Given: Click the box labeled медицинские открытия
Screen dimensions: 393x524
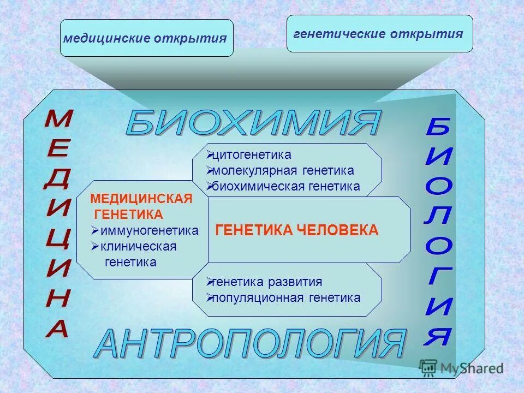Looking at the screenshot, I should click(146, 39).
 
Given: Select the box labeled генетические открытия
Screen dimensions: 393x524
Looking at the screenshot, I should click(379, 34).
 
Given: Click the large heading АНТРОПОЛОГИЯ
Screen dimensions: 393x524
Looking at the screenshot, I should click(251, 344).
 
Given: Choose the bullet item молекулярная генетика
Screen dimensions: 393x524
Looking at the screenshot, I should click(283, 171).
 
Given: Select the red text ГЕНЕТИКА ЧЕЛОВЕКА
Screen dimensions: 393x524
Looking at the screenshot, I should click(297, 230).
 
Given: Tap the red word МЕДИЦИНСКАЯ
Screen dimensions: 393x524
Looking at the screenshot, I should click(141, 199).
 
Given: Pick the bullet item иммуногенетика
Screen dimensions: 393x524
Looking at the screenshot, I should click(148, 231).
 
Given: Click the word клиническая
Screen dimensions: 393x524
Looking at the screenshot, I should click(139, 247).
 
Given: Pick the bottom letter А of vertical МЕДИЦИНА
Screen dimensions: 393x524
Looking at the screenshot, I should click(57, 328).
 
